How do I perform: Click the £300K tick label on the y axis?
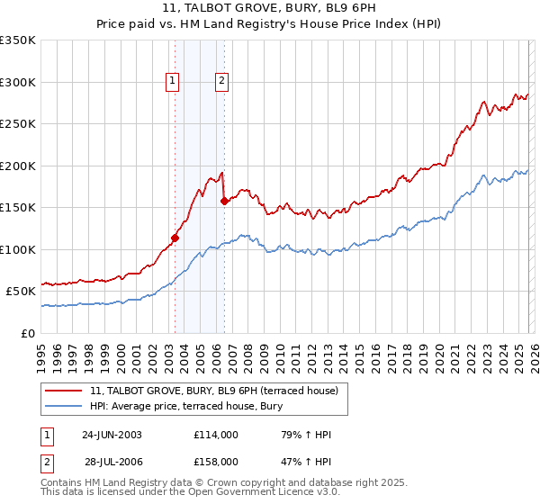[18, 82]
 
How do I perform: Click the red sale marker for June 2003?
[175, 238]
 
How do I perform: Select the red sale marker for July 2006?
[224, 202]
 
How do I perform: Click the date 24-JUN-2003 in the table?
[112, 435]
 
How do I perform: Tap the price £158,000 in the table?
[215, 461]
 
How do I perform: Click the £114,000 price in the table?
[215, 435]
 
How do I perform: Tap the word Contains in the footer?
[62, 483]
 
